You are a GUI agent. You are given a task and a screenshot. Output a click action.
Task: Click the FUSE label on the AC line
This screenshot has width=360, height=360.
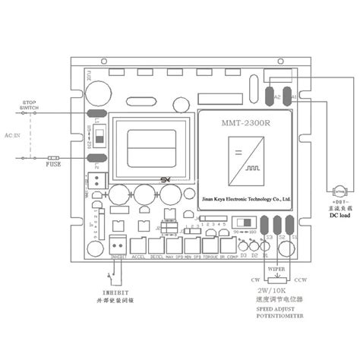(x=53, y=164)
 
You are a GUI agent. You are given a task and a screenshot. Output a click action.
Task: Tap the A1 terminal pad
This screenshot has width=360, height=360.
(x=287, y=96)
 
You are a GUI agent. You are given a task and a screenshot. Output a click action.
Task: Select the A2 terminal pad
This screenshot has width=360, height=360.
(x=270, y=96)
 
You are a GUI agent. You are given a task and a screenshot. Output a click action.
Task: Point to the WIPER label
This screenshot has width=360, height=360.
(x=278, y=268)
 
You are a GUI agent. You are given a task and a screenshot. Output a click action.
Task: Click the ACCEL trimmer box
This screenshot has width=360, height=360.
(x=139, y=246)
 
